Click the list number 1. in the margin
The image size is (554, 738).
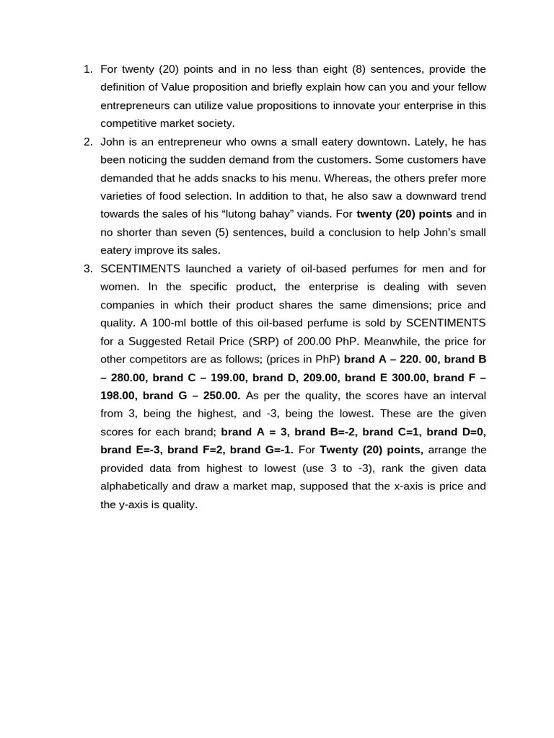click(x=88, y=69)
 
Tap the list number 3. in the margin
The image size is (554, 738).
click(x=88, y=269)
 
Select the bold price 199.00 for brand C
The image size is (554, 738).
click(x=224, y=377)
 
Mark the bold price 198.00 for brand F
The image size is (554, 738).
click(x=118, y=396)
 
